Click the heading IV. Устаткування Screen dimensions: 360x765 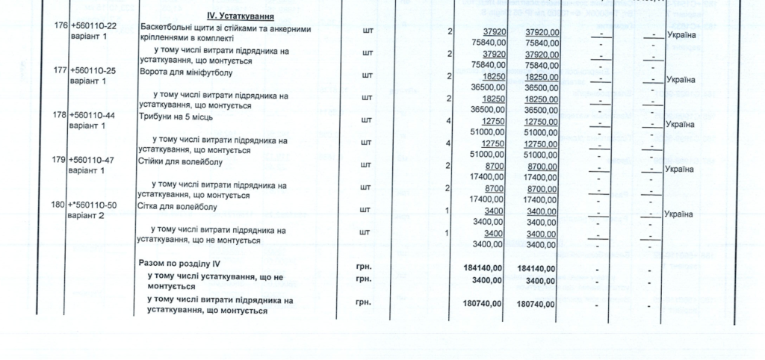pos(239,16)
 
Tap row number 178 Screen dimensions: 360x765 pos(59,115)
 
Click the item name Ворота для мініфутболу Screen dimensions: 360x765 pos(186,72)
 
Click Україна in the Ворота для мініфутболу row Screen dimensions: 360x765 pos(680,80)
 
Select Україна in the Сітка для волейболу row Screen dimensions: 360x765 pos(680,214)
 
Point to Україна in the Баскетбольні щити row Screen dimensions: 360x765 pos(680,35)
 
